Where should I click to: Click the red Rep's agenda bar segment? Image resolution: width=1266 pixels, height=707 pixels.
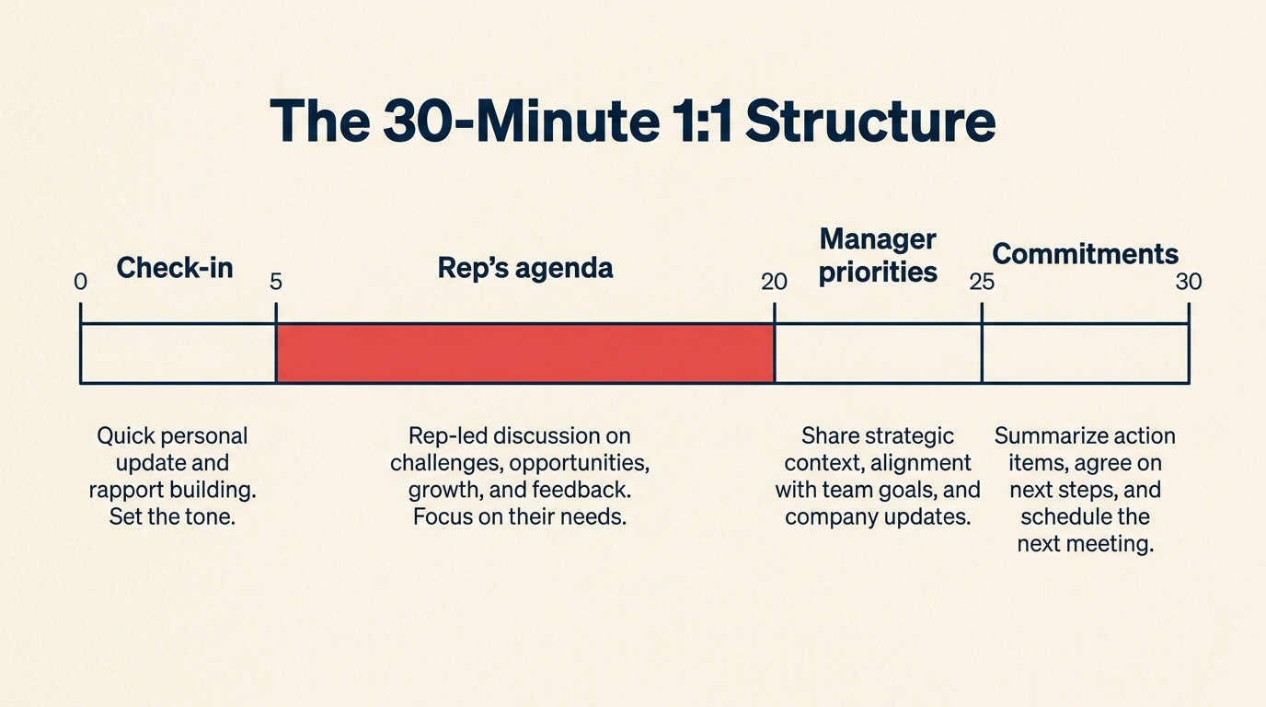[x=524, y=353]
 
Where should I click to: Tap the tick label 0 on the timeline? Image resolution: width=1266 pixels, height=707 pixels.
[x=81, y=283]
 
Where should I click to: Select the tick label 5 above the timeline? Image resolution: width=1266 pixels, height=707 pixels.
[x=275, y=283]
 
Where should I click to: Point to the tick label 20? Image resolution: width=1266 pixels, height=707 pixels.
[x=774, y=283]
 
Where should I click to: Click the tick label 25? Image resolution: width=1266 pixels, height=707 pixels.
[x=982, y=283]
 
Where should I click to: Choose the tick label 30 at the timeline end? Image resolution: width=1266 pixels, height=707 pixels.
[x=1188, y=283]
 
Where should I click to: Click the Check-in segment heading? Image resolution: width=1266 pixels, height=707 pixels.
[x=175, y=268]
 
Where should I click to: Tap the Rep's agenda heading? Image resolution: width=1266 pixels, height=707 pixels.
[x=525, y=268]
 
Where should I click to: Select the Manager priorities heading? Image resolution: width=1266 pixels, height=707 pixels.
[x=878, y=256]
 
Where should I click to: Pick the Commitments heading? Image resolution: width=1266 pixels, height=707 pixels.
[x=1085, y=253]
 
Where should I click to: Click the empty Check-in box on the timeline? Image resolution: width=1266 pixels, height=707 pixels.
[x=178, y=353]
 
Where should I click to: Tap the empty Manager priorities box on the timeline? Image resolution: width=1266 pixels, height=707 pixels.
[x=878, y=353]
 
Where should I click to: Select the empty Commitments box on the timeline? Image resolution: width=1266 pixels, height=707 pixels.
[x=1085, y=353]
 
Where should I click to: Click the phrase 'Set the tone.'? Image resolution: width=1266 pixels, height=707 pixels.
[x=173, y=516]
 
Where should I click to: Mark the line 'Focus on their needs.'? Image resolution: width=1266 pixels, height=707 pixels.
[x=519, y=516]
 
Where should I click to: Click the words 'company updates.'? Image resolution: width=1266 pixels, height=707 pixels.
[x=878, y=516]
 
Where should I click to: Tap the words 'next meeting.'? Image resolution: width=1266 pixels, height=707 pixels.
[x=1085, y=543]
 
